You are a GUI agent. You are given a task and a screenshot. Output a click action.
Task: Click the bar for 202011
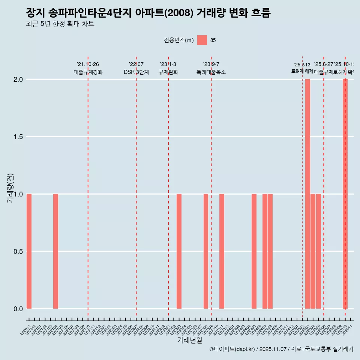click(x=29, y=251)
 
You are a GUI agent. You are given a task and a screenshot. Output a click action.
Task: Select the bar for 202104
click(x=55, y=251)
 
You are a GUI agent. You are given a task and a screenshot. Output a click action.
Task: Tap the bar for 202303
click(x=179, y=251)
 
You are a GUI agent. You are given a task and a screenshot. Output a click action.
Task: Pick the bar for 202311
click(x=222, y=251)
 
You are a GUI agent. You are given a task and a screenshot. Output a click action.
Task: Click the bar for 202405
click(x=254, y=251)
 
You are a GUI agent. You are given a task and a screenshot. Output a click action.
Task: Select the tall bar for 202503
click(x=307, y=194)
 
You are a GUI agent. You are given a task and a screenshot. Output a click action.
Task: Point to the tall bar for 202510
click(x=345, y=194)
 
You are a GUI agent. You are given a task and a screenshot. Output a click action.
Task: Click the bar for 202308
click(x=206, y=251)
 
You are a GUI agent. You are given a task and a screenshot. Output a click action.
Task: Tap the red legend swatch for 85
click(x=202, y=40)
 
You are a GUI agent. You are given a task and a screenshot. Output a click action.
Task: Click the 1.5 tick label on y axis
click(x=18, y=137)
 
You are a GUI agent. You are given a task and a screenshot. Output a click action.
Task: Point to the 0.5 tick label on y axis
click(x=18, y=252)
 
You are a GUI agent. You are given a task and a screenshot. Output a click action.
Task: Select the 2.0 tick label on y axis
click(x=18, y=79)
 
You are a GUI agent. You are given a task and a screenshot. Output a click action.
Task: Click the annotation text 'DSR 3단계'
click(x=136, y=72)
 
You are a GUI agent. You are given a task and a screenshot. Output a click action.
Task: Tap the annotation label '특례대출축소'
click(x=211, y=72)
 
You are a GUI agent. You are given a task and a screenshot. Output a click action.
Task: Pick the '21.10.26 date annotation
click(x=88, y=64)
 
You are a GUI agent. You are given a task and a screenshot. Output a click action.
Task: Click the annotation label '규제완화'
click(x=168, y=72)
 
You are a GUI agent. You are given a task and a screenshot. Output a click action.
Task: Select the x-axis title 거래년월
click(x=189, y=340)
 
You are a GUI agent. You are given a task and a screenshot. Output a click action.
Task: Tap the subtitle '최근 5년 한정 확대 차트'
click(x=60, y=24)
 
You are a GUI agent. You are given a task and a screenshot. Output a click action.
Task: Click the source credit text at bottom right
click(x=281, y=349)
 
